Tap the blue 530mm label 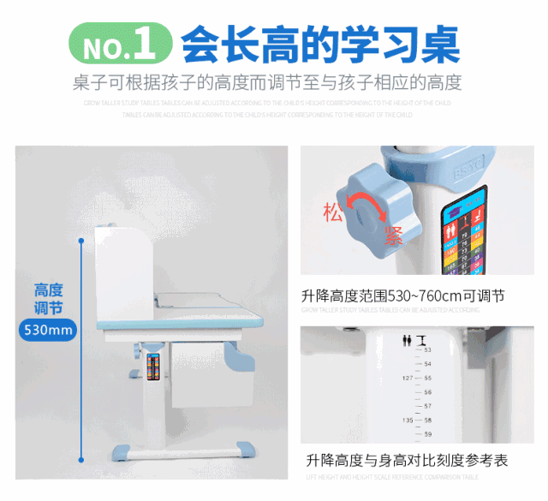point(48,330)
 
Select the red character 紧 point(393,236)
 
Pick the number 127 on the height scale point(408,378)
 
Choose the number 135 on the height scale point(408,420)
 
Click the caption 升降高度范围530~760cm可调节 point(402,296)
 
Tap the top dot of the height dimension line point(81,241)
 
